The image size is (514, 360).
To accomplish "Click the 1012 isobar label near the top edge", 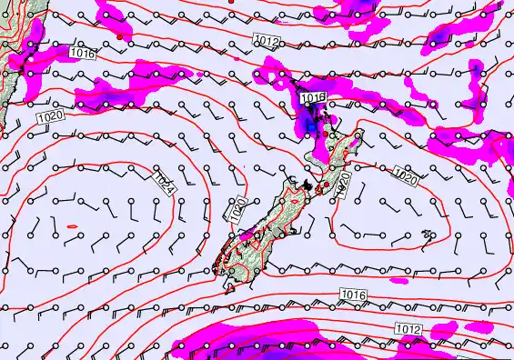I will (267, 41).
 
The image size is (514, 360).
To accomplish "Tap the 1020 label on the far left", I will (49, 116).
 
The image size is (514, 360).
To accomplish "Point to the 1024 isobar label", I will (164, 182).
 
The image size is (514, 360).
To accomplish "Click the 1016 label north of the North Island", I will (313, 97).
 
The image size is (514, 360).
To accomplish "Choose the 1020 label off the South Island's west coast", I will (238, 211).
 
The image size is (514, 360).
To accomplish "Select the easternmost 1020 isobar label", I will (406, 175).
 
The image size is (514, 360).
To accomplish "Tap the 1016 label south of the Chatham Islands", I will (354, 294).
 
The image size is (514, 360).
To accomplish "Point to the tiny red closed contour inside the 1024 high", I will (73, 226).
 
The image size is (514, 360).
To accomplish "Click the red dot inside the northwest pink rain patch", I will (119, 37).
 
